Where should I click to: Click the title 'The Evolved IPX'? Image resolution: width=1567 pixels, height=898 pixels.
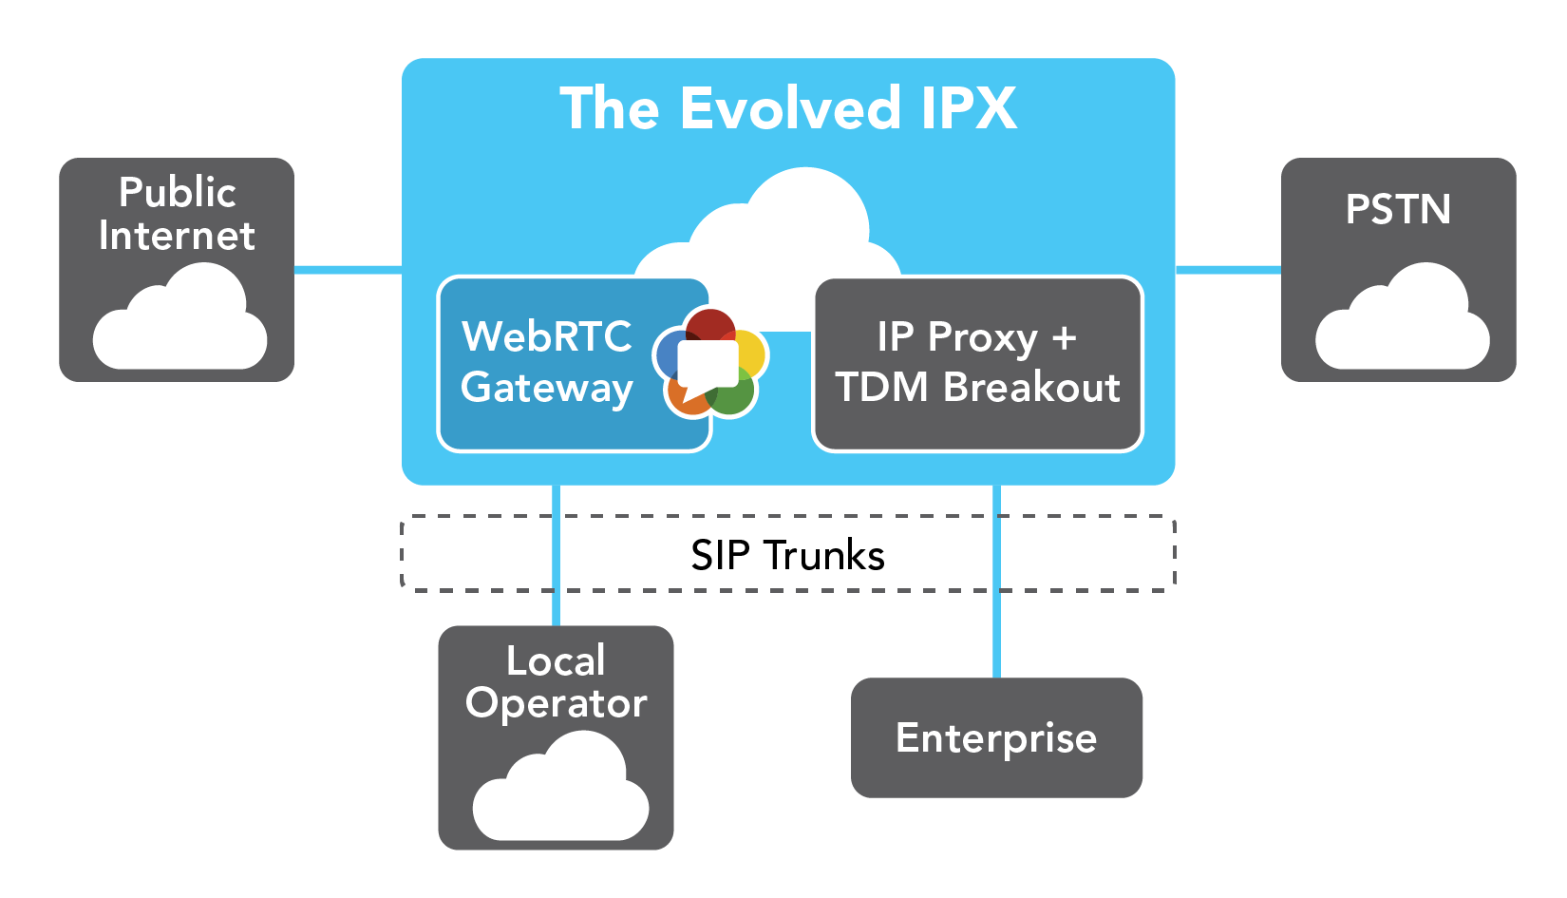point(788,108)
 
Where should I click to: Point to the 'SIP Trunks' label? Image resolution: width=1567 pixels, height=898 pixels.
point(787,555)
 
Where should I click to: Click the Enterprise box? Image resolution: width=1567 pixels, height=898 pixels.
point(996,737)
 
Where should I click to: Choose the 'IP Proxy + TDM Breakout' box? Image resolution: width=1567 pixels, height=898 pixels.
point(977,363)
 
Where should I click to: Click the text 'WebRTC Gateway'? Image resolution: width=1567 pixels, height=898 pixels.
point(547,362)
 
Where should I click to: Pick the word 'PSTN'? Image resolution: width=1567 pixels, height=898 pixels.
point(1398,209)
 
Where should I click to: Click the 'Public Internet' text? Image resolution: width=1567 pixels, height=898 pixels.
point(177,214)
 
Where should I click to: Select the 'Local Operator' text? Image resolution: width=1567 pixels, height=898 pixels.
point(557,682)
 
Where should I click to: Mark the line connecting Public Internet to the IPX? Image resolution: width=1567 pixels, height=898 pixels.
point(348,270)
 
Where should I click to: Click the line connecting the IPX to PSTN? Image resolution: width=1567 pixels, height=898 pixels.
point(1228,270)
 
